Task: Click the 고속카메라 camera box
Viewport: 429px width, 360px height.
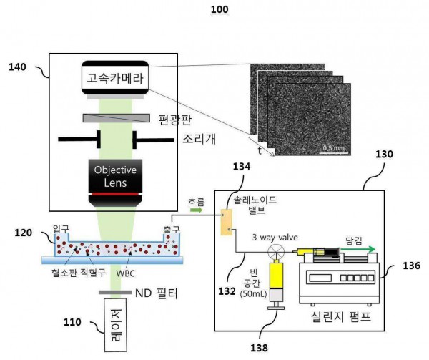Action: (115, 78)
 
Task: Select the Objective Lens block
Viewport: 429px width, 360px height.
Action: (115, 183)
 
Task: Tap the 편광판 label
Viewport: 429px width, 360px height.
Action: (175, 120)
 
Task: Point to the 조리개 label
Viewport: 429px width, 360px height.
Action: (199, 139)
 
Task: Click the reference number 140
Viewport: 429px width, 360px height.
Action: (17, 67)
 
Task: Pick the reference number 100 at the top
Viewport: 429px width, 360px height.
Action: (220, 9)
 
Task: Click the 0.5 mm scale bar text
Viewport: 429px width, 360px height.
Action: (333, 148)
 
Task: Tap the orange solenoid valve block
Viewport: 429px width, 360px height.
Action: (226, 223)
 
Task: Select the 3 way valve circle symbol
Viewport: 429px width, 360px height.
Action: (276, 252)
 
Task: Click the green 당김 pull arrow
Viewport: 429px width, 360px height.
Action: (358, 249)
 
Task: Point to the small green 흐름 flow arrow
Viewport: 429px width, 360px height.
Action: (197, 210)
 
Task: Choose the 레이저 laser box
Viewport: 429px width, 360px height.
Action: (115, 325)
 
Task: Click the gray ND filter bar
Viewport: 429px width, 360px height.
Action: (115, 293)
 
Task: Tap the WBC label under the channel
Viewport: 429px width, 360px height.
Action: (126, 273)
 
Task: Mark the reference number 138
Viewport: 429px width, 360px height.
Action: (259, 348)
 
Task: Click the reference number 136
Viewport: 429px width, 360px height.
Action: (412, 266)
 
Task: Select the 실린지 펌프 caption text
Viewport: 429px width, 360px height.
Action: (341, 317)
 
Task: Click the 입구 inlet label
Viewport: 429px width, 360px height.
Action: (61, 228)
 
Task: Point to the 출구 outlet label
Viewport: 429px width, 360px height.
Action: (172, 230)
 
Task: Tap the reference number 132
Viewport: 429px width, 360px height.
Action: (227, 291)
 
